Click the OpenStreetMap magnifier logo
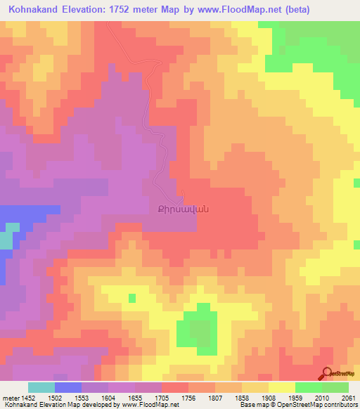[328, 373]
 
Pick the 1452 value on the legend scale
[28, 398]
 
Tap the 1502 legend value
[55, 398]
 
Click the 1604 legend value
[108, 398]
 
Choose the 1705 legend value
[162, 398]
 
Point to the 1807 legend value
[215, 398]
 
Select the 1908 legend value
[269, 398]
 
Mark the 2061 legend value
[348, 398]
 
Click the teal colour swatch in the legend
[41, 387]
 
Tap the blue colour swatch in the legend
[68, 387]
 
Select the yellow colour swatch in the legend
[282, 387]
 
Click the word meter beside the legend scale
[9, 398]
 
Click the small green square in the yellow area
[131, 298]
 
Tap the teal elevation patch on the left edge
[6, 239]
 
